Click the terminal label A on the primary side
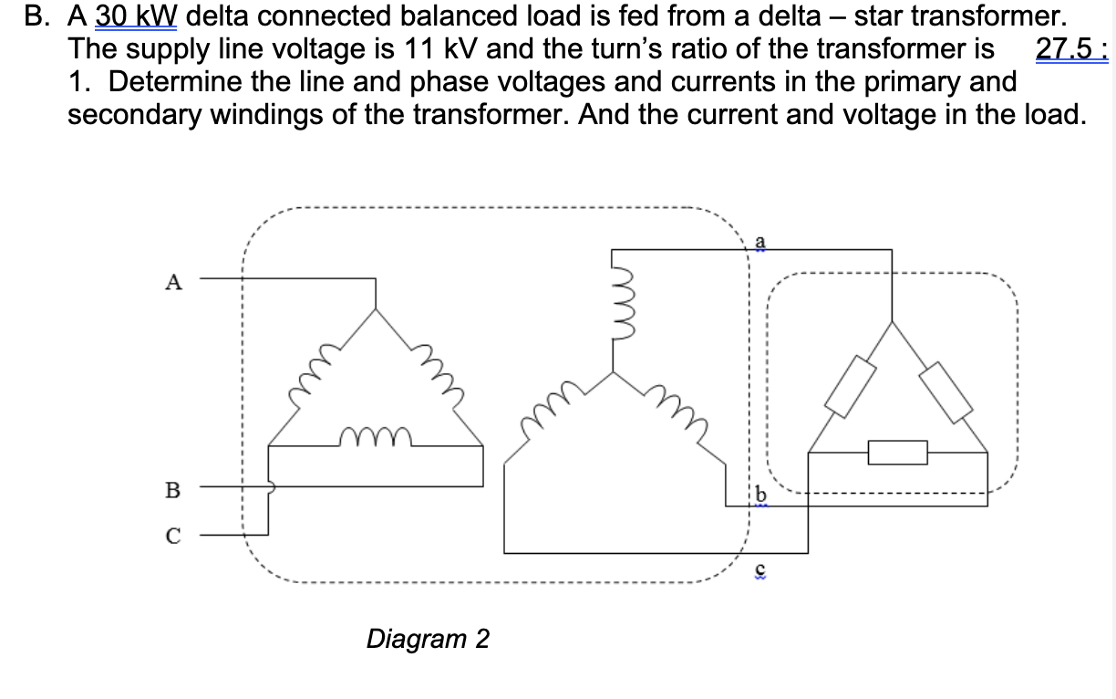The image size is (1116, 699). click(x=171, y=282)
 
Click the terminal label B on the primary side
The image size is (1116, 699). click(x=171, y=490)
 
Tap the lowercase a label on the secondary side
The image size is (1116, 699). click(x=760, y=240)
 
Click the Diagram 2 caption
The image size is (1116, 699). click(x=427, y=638)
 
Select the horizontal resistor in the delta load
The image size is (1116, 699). click(x=897, y=452)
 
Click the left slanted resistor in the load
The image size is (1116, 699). click(x=851, y=385)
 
